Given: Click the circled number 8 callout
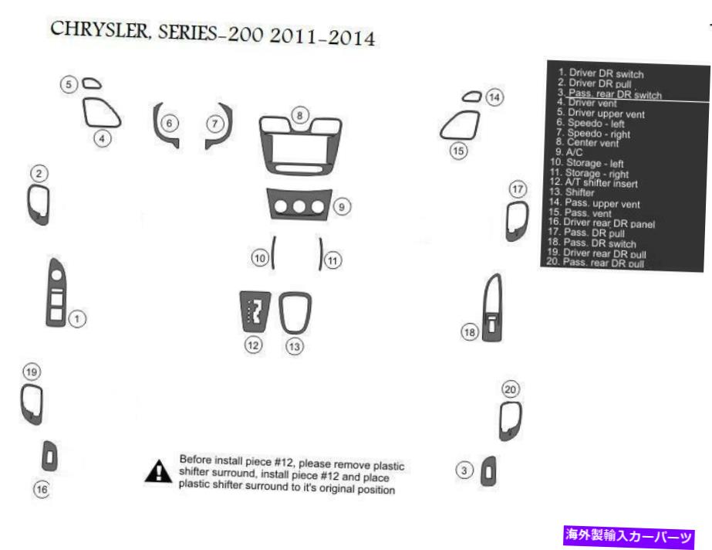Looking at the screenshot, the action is tap(299, 115).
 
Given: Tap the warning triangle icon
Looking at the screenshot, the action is tap(158, 471).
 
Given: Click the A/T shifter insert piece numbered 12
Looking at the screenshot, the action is tap(255, 313).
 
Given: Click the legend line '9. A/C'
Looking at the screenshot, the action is tap(569, 152).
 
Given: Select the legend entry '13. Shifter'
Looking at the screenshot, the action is tap(572, 192).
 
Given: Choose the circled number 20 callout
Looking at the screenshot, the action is tap(510, 389).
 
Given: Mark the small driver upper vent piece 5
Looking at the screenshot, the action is tap(91, 83).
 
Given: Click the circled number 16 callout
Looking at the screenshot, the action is tap(42, 489).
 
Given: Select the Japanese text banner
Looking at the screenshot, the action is tap(629, 535).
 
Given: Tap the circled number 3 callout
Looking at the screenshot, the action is tap(464, 470).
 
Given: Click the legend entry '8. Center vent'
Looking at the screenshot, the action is tap(587, 143).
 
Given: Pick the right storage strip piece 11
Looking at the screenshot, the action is tap(321, 253).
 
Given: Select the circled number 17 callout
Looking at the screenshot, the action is tap(517, 188).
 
